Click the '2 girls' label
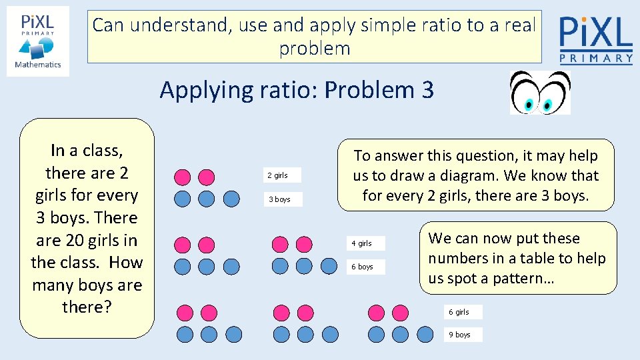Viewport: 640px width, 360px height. [x=277, y=175]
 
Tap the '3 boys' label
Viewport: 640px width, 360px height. [x=279, y=199]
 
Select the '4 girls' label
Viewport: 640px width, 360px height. [x=362, y=243]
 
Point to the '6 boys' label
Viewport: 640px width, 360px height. [x=363, y=267]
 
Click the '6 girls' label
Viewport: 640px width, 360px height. [x=459, y=312]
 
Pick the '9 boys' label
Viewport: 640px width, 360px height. [x=459, y=335]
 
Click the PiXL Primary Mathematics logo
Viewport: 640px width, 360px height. [x=38, y=41]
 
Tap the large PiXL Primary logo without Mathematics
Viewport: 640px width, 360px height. [x=595, y=39]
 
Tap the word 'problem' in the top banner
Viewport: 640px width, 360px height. [x=315, y=49]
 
